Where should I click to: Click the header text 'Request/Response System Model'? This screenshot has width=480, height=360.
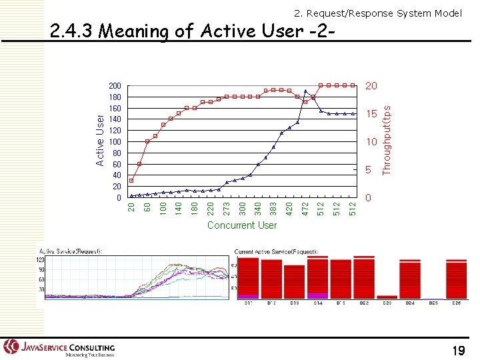pyautogui.click(x=378, y=13)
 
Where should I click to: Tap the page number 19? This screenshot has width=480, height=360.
pyautogui.click(x=458, y=351)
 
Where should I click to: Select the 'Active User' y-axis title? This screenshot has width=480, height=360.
pyautogui.click(x=100, y=139)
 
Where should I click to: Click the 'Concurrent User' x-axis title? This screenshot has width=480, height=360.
pyautogui.click(x=241, y=225)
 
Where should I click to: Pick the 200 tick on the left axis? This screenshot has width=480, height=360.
pyautogui.click(x=115, y=86)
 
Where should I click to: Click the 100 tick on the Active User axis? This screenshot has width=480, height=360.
pyautogui.click(x=115, y=142)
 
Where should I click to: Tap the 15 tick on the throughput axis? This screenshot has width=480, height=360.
pyautogui.click(x=371, y=114)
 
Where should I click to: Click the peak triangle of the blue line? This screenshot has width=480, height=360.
pyautogui.click(x=305, y=91)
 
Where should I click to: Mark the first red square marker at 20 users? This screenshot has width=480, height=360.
pyautogui.click(x=132, y=181)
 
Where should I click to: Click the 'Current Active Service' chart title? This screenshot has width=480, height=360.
pyautogui.click(x=276, y=251)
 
